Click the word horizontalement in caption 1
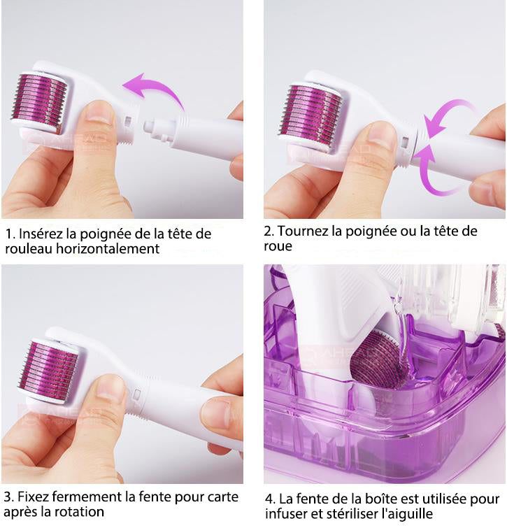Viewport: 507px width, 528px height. tap(108, 248)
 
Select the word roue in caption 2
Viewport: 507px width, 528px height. tap(278, 246)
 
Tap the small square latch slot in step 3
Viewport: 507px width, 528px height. tap(137, 394)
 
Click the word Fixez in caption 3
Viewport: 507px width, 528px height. tap(33, 497)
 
